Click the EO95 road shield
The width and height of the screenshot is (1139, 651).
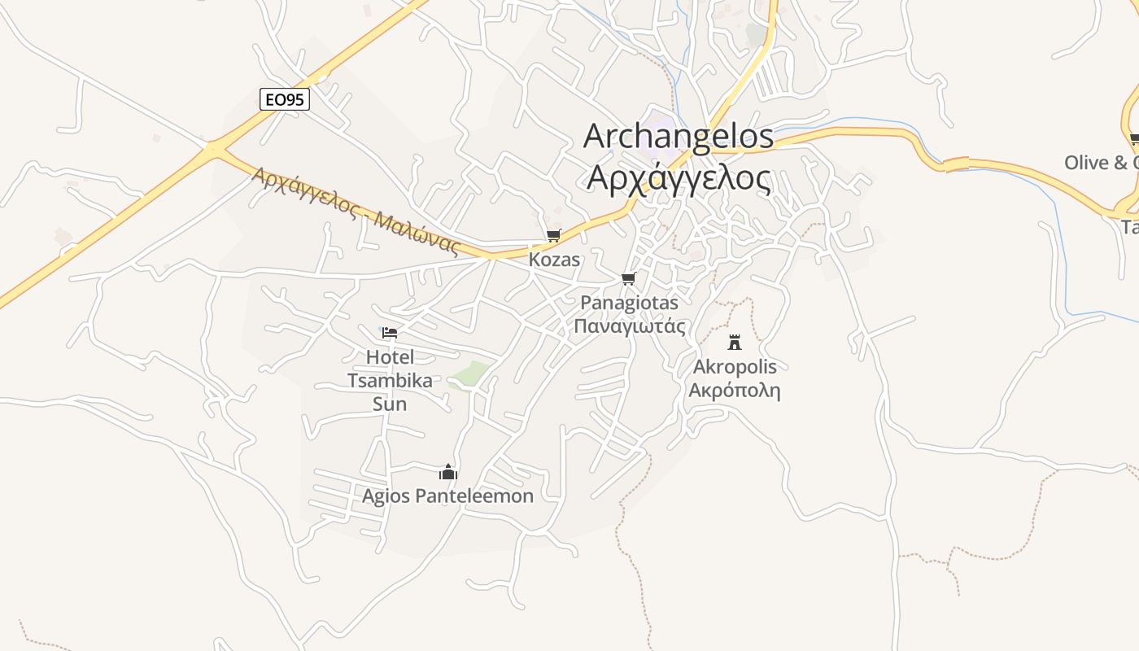coord(285,99)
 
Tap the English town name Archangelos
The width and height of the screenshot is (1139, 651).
coord(679,136)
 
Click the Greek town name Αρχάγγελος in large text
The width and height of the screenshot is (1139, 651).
coord(679,177)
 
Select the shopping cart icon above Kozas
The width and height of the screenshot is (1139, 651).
coord(554,236)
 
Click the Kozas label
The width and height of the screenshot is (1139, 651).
coord(554,260)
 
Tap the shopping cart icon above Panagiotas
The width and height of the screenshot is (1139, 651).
coord(628,279)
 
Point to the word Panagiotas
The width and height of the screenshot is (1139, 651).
coord(629,303)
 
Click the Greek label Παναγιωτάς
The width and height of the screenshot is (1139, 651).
coord(629,326)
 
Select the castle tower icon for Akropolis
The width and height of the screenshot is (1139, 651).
coord(735,342)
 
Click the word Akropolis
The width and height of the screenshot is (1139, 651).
coord(735,367)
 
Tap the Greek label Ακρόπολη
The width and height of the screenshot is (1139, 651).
coord(735,391)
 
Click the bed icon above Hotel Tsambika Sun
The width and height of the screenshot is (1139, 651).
coord(390,333)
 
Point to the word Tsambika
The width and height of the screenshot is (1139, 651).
coord(390,381)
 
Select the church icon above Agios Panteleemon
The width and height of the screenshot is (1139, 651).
coord(448,472)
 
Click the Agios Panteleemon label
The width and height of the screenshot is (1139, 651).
coord(448,496)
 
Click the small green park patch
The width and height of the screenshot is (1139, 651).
coord(470,374)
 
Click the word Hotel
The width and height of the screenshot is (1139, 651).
coord(391,357)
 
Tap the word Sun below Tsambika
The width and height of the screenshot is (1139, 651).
coord(390,404)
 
